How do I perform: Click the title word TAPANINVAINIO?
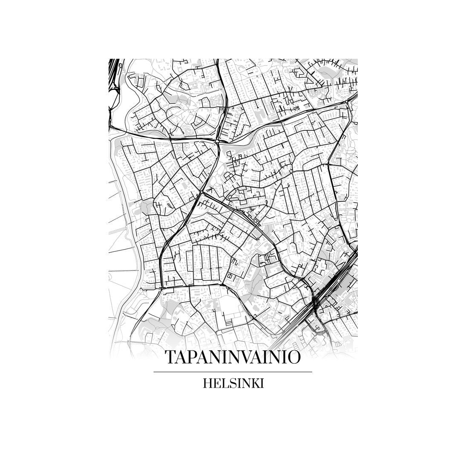[233, 357]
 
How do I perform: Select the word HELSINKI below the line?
[233, 383]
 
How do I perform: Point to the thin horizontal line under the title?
[233, 372]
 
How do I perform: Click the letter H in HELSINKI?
[207, 383]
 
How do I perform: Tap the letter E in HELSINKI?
[216, 383]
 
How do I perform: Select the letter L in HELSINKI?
[223, 383]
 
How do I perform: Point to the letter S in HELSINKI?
[230, 383]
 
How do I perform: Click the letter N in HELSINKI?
[245, 383]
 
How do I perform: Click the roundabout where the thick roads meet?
[217, 141]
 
